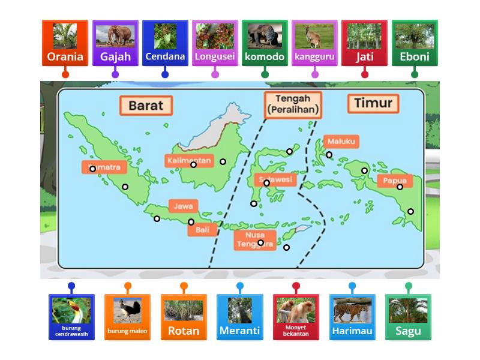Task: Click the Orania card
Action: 65,43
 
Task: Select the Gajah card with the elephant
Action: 115,43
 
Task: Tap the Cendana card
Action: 165,43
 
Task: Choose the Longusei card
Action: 215,43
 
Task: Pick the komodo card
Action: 265,43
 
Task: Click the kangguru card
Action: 314,43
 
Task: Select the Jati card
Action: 364,43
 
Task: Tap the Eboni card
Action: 415,43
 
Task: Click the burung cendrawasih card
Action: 71,317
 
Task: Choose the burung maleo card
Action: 127,317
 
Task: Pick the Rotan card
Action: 184,317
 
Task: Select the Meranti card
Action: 240,317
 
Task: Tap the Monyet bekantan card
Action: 296,317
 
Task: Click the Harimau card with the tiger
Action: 352,317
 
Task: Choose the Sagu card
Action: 408,317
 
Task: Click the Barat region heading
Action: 146,105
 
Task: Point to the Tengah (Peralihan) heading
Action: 293,104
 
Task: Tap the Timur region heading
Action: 373,103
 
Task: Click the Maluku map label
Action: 342,142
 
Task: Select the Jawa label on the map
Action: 183,206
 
